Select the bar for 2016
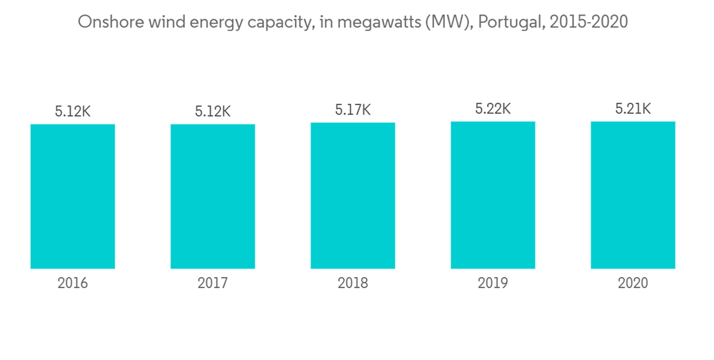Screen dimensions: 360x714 pyautogui.click(x=73, y=196)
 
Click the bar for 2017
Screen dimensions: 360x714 pyautogui.click(x=213, y=196)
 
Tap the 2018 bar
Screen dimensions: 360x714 pyautogui.click(x=353, y=196)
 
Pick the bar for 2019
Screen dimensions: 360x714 pyautogui.click(x=493, y=195)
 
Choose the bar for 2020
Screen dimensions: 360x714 pyautogui.click(x=633, y=195)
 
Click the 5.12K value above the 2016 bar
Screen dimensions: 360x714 pyautogui.click(x=73, y=111)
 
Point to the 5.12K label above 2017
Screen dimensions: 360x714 pyautogui.click(x=213, y=111)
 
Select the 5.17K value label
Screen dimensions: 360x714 pyautogui.click(x=353, y=110)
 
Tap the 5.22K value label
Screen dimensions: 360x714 pyautogui.click(x=493, y=109)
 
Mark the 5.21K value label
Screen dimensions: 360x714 pyautogui.click(x=633, y=109)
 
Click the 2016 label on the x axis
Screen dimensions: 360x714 pyautogui.click(x=73, y=284)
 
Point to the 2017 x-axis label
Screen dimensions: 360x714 pyautogui.click(x=213, y=284)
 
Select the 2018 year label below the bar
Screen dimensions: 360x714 pyautogui.click(x=353, y=284)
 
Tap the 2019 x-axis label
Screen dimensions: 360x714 pyautogui.click(x=493, y=284)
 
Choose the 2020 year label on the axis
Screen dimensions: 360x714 pyautogui.click(x=633, y=284)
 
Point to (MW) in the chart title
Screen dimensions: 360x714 pyautogui.click(x=448, y=22)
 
